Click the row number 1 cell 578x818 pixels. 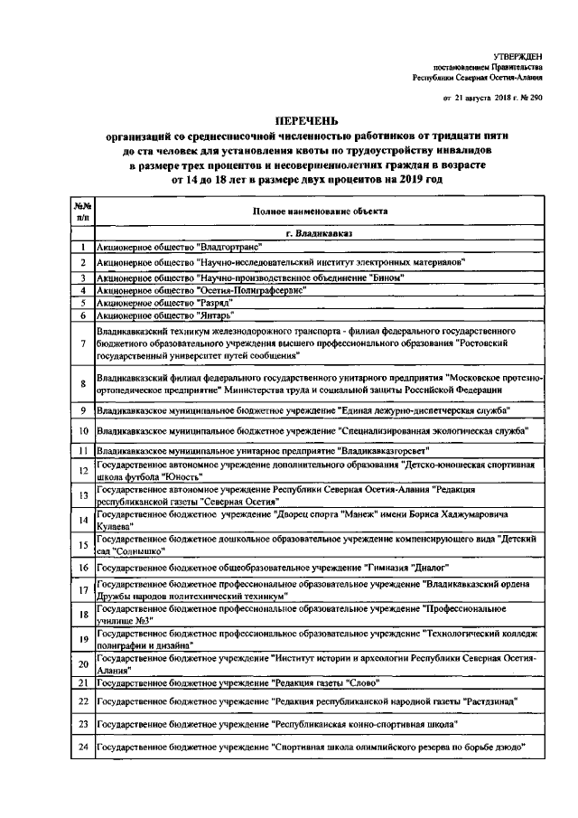click(x=82, y=247)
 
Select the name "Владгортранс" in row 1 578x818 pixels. click(x=229, y=247)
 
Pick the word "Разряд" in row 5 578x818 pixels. click(x=215, y=303)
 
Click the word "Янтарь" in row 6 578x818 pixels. click(x=215, y=316)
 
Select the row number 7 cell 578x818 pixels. click(x=82, y=344)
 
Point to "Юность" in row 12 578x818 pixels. click(x=180, y=475)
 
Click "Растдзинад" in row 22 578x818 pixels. click(x=489, y=700)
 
